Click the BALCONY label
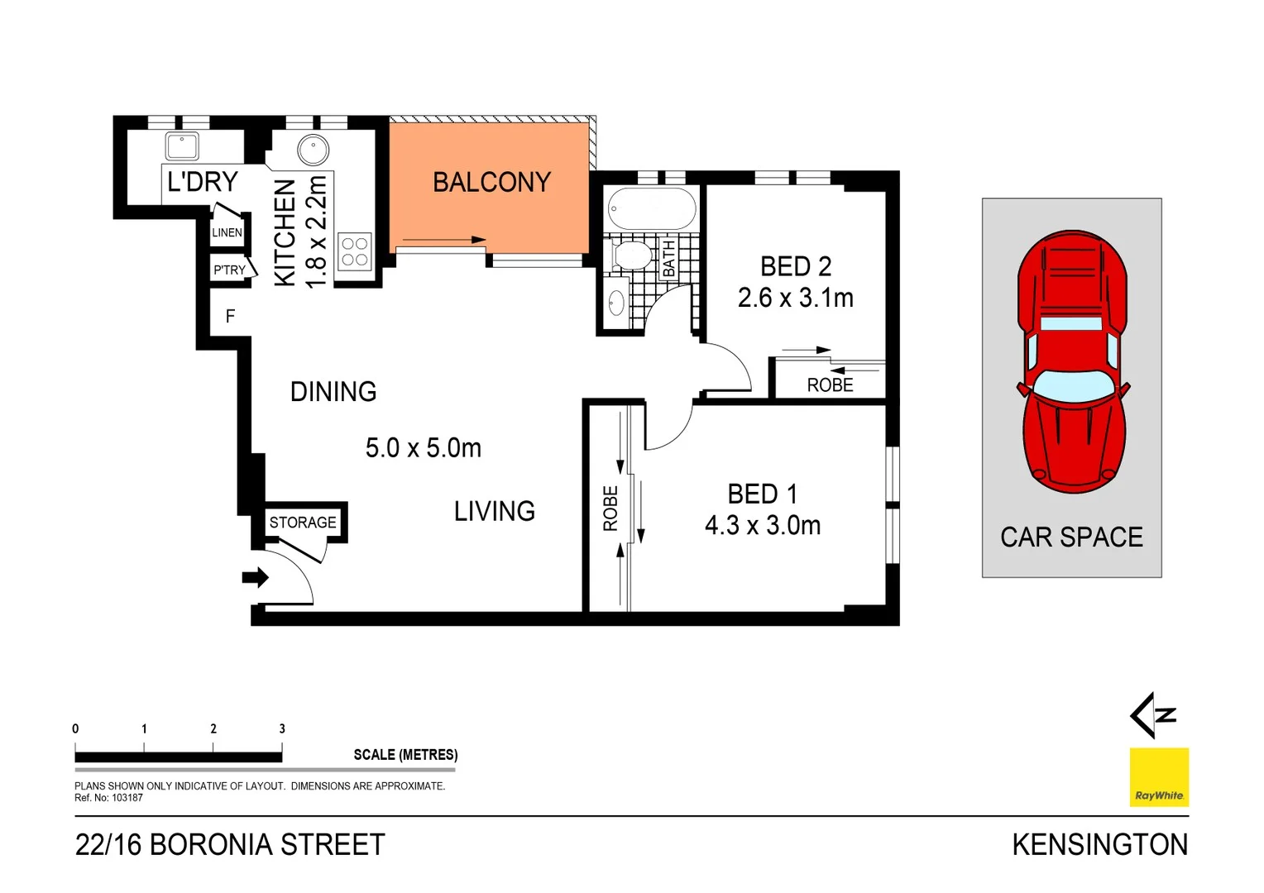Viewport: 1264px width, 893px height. (491, 182)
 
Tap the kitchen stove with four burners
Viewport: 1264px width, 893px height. (355, 251)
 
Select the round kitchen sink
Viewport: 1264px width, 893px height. (314, 150)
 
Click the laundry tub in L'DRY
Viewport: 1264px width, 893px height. (182, 146)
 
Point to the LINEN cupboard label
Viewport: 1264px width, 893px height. (227, 232)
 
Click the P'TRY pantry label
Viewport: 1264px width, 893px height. (229, 270)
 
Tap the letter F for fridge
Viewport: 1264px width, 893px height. (230, 316)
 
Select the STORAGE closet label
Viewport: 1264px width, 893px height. (303, 523)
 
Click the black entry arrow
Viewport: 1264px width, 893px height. (255, 577)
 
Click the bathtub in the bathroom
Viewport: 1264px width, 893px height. (651, 209)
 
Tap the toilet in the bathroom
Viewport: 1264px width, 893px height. (632, 255)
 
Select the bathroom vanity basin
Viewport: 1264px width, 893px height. (616, 303)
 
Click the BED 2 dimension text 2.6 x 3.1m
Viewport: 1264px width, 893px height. (795, 298)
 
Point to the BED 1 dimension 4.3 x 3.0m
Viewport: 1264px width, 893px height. (762, 525)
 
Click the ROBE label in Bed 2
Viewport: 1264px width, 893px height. (830, 385)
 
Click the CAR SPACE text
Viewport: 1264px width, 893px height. (1071, 537)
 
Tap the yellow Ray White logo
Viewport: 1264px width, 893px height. (1159, 777)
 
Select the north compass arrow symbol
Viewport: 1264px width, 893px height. (1151, 715)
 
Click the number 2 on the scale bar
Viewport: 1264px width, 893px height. (213, 728)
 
